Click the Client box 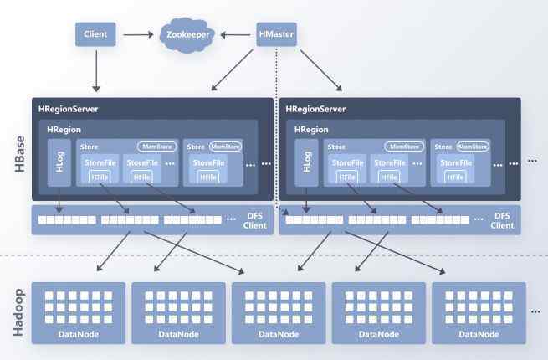click(x=96, y=34)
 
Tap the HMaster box click(x=277, y=34)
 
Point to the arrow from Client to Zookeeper click(x=140, y=34)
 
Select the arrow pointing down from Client click(x=96, y=70)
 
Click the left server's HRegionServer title click(x=69, y=109)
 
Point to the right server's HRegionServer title click(x=316, y=109)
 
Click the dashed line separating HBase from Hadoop click(x=276, y=255)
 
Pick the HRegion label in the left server click(x=64, y=131)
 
